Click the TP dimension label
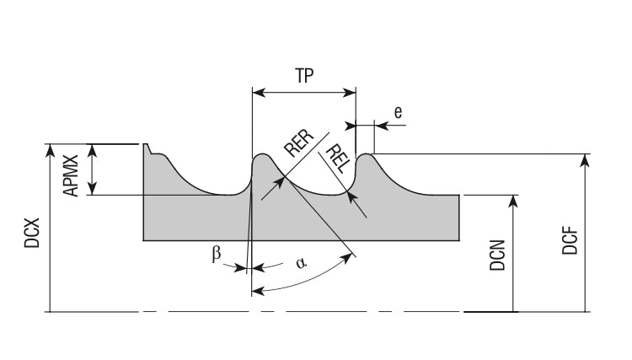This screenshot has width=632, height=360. coord(304,74)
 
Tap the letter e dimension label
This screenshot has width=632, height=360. coord(398,110)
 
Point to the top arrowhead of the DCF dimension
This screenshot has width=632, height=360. coord(587,159)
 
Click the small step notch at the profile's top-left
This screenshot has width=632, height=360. coord(151,150)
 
